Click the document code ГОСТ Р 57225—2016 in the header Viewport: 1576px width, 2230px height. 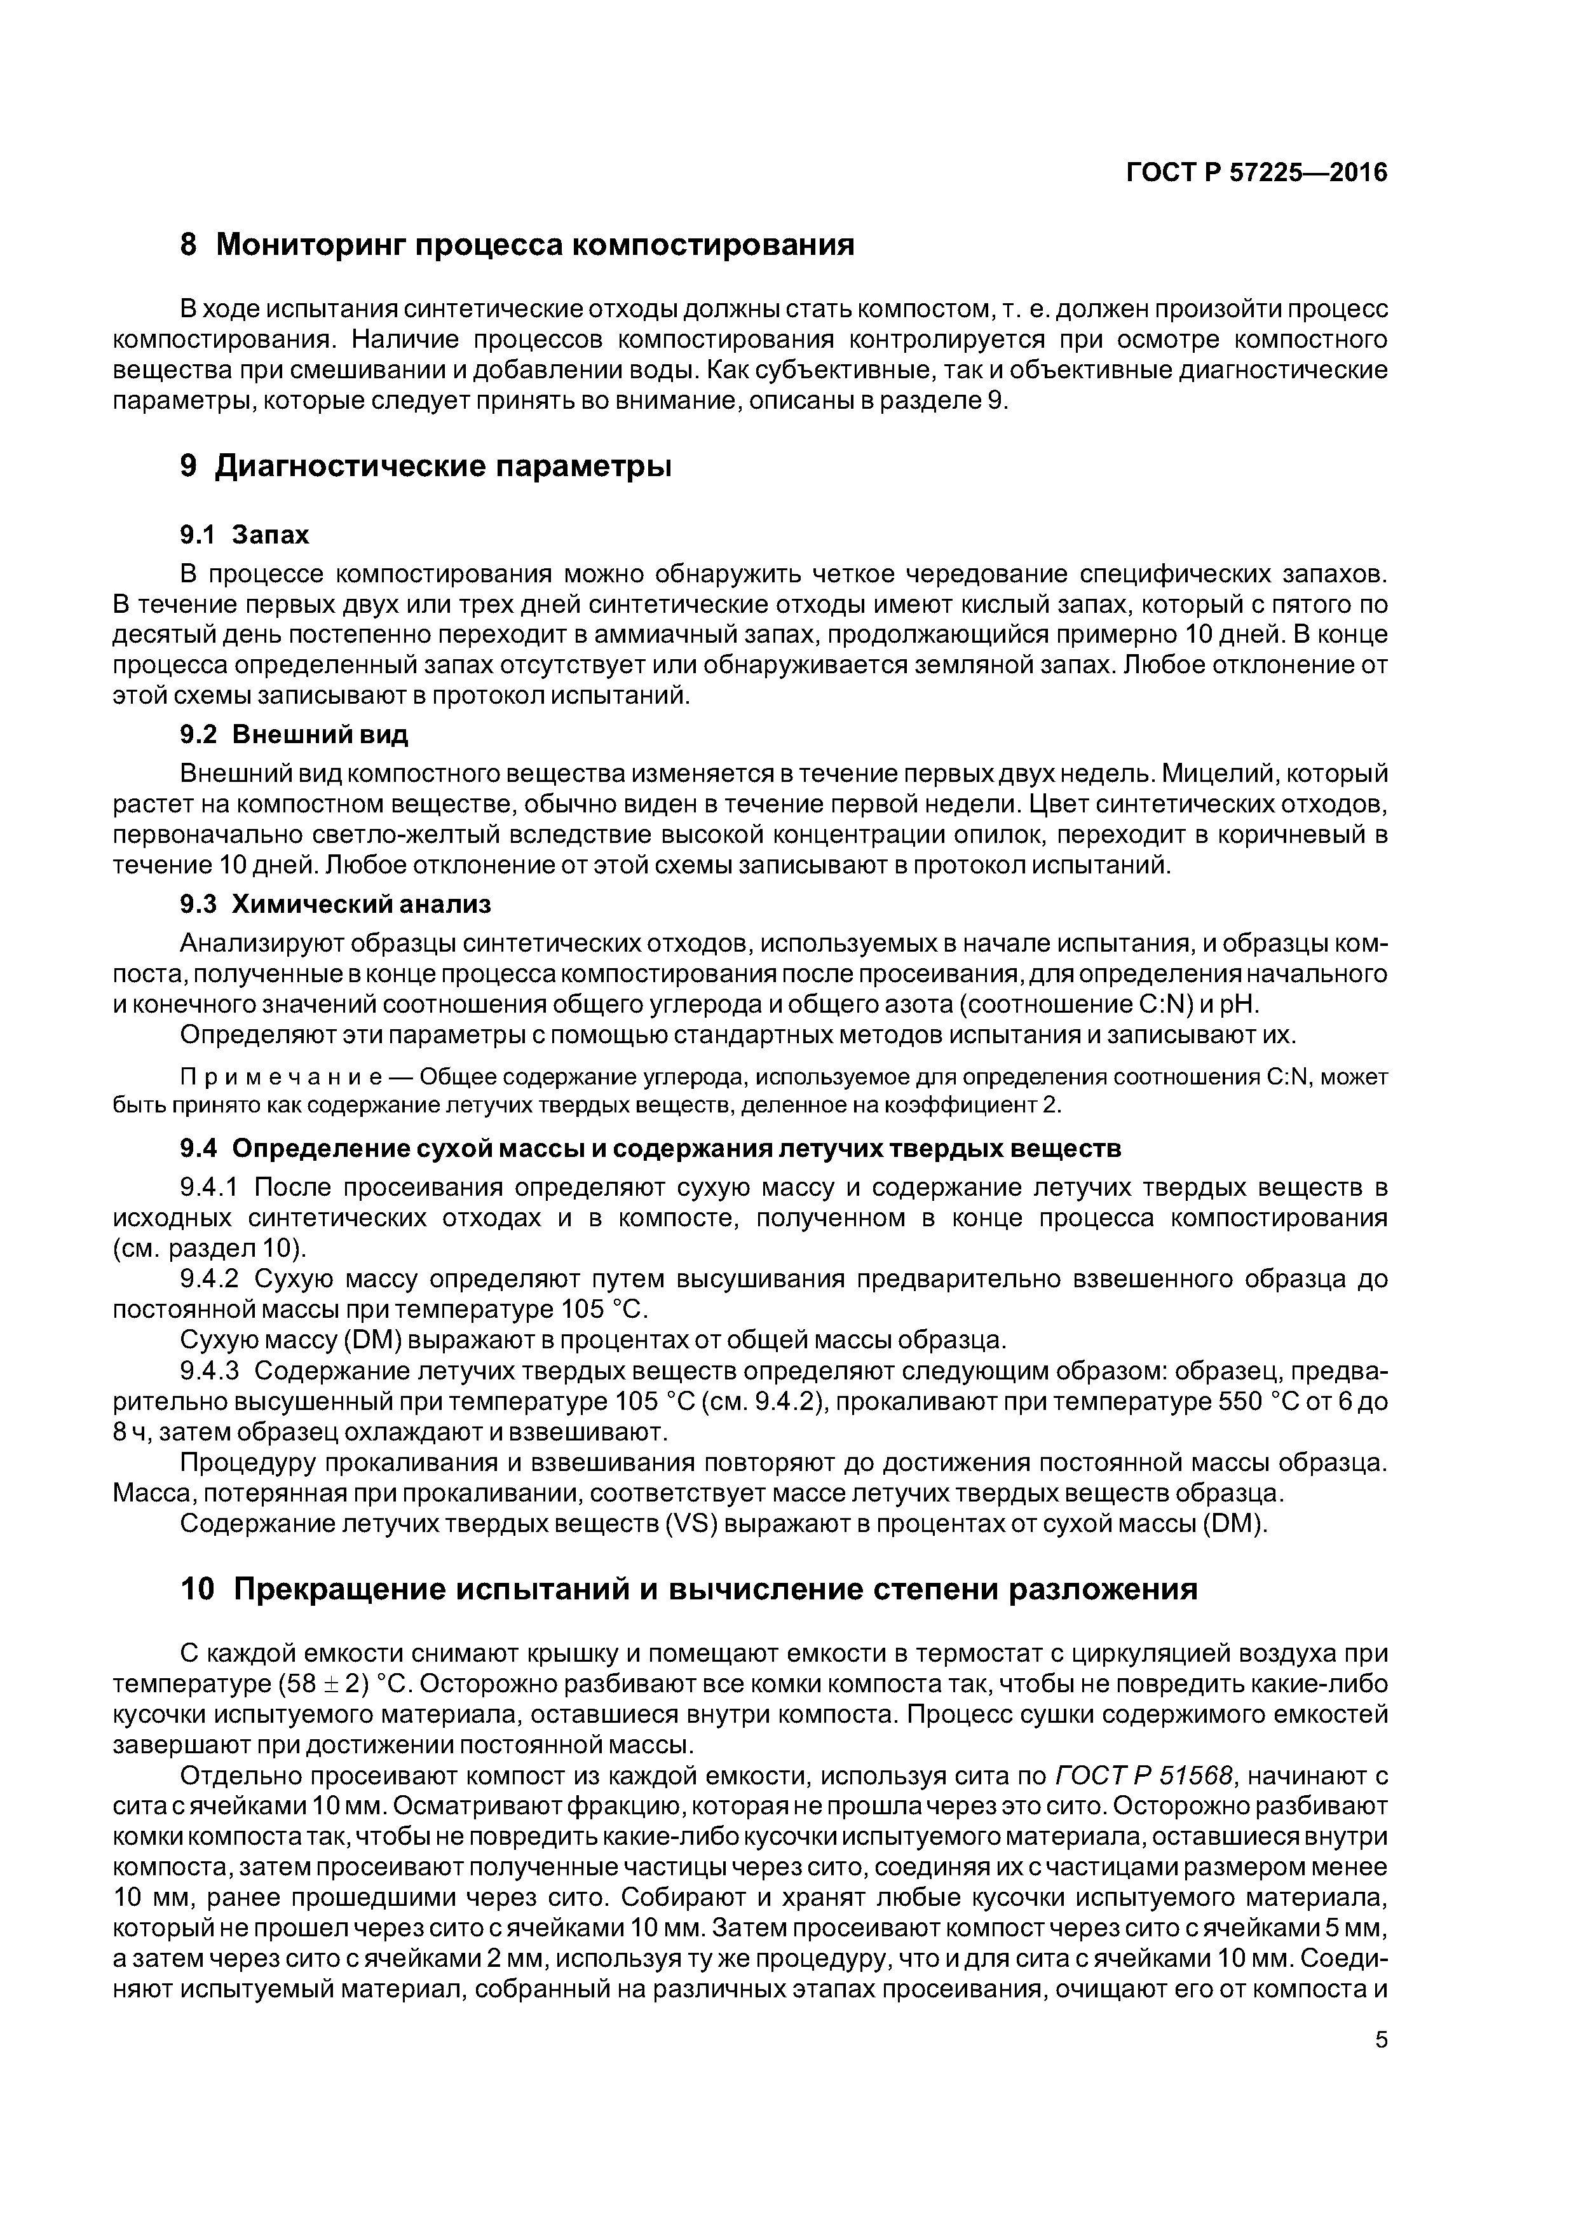[1256, 173]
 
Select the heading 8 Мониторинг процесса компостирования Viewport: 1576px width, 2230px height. [517, 245]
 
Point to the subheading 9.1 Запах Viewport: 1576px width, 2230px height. [245, 534]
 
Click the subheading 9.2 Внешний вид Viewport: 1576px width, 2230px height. [294, 734]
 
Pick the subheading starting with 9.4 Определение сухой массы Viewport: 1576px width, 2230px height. [651, 1148]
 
